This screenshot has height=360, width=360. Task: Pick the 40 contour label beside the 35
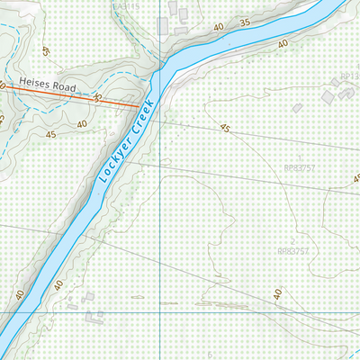tap(219, 29)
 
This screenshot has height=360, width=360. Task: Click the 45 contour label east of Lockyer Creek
tap(225, 129)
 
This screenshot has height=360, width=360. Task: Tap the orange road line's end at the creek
tap(140, 105)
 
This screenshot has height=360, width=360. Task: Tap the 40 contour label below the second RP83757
tap(278, 294)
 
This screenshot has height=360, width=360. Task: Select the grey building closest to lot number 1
tap(297, 108)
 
